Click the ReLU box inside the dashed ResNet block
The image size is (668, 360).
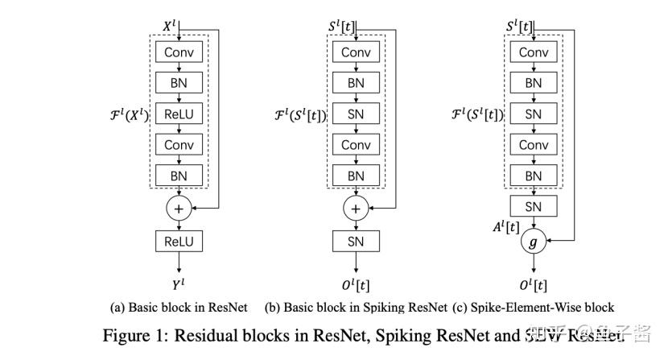pos(179,114)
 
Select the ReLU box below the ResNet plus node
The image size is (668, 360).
pos(179,241)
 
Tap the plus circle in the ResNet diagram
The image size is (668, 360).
pos(179,209)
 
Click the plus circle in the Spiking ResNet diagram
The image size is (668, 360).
pos(355,209)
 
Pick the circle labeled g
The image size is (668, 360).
pos(533,240)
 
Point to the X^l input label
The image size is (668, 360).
pos(169,27)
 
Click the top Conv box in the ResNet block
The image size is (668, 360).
pos(179,52)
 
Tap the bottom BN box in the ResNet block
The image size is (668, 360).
pos(179,176)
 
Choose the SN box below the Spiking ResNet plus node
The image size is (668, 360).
pos(355,241)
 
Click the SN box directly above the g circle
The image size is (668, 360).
pos(533,207)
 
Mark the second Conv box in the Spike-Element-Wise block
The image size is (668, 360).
pos(533,145)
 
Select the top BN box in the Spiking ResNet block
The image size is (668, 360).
pos(355,83)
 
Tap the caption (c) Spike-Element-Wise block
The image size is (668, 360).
pos(534,307)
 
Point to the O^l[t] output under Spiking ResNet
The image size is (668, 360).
pos(355,284)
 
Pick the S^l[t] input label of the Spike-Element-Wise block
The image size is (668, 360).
pos(519,27)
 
